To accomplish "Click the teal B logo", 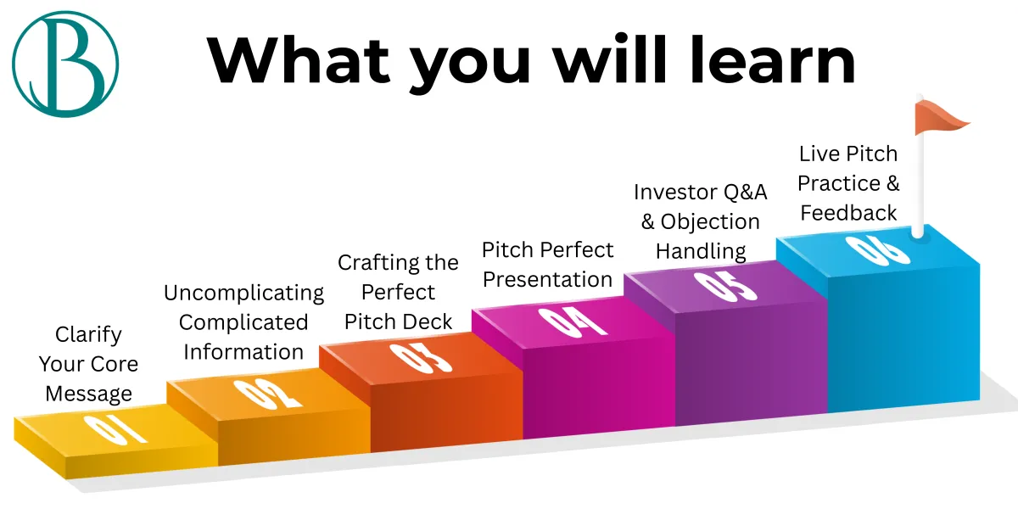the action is [65, 64].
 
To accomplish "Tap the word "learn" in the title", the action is [773, 59].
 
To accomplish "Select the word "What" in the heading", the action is [299, 59].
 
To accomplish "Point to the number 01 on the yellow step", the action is [116, 429].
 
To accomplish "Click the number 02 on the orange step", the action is [268, 394].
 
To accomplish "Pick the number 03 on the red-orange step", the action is [421, 359].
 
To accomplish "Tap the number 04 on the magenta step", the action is [573, 322].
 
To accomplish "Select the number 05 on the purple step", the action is [726, 287].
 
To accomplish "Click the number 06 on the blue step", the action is [877, 250].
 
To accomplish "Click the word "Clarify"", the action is [88, 335].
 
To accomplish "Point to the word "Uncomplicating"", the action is [243, 294].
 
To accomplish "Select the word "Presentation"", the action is [548, 279].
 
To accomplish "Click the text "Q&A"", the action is [746, 193].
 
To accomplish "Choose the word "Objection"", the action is [710, 222].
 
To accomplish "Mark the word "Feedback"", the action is [848, 213].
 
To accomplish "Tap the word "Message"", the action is [88, 394].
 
